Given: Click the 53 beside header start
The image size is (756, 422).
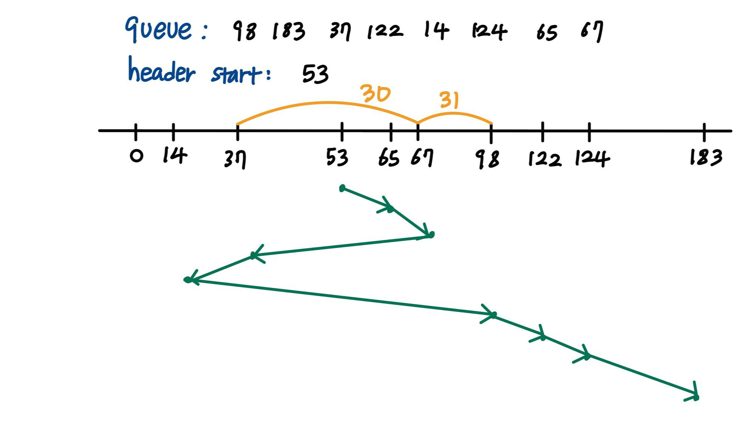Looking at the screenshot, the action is pyautogui.click(x=315, y=74).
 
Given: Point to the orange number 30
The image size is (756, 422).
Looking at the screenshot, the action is pyautogui.click(x=375, y=93).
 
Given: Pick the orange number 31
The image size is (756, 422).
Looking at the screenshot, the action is pyautogui.click(x=449, y=100).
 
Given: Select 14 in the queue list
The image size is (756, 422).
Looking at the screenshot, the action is pyautogui.click(x=436, y=30).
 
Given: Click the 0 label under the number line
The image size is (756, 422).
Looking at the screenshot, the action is pyautogui.click(x=136, y=156).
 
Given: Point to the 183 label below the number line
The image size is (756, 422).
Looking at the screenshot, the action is pyautogui.click(x=706, y=157).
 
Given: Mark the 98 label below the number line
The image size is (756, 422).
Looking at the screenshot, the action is pyautogui.click(x=488, y=159).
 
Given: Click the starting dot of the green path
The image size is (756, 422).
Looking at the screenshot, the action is pyautogui.click(x=342, y=188).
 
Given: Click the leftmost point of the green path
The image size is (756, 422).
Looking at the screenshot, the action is pyautogui.click(x=187, y=280).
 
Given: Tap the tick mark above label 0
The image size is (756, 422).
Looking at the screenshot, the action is pyautogui.click(x=136, y=131).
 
